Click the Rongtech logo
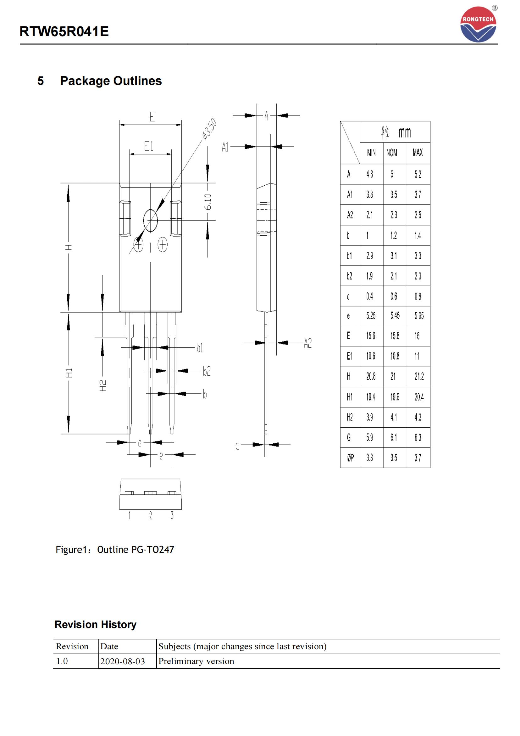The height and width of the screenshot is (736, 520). click(x=478, y=25)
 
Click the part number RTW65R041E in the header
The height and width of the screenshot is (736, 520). click(x=64, y=32)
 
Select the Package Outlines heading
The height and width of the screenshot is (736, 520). click(x=111, y=81)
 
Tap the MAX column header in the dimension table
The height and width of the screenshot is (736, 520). click(x=418, y=153)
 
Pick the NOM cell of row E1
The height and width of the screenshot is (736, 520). click(x=395, y=356)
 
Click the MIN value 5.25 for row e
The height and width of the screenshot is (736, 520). click(x=371, y=316)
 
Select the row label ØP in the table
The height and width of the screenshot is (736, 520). click(x=350, y=458)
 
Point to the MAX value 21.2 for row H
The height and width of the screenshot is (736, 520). click(x=419, y=376)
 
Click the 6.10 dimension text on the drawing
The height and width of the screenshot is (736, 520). click(x=208, y=201)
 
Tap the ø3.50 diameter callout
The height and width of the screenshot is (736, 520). click(x=210, y=129)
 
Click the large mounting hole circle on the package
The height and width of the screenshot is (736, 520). click(x=151, y=220)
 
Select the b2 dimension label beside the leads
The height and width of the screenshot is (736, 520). click(x=207, y=371)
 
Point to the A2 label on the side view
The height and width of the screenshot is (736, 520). click(x=307, y=343)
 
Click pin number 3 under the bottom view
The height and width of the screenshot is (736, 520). click(x=172, y=515)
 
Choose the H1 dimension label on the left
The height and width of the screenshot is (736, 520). click(x=69, y=373)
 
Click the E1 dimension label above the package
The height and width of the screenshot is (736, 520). click(x=149, y=147)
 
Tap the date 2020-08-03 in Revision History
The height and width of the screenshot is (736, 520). click(x=123, y=661)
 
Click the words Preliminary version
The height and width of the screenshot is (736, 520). click(x=196, y=661)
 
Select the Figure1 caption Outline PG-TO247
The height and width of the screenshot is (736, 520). click(x=115, y=549)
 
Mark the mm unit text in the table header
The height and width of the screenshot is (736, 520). click(x=404, y=132)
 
